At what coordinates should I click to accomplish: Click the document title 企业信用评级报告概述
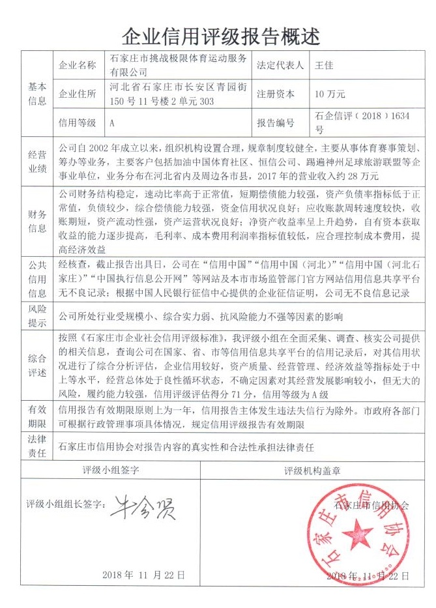pyautogui.click(x=218, y=35)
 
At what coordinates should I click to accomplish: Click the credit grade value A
pyautogui.click(x=113, y=123)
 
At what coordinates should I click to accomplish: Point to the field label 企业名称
pyautogui.click(x=78, y=65)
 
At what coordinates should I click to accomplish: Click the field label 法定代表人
pyautogui.click(x=280, y=65)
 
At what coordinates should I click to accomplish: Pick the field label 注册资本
pyautogui.click(x=276, y=94)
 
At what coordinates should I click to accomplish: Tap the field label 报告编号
pyautogui.click(x=276, y=123)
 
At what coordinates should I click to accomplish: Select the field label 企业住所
pyautogui.click(x=78, y=94)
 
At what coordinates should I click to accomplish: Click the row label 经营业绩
pyautogui.click(x=36, y=162)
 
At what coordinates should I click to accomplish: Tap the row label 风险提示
pyautogui.click(x=36, y=315)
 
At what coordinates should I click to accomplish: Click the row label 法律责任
pyautogui.click(x=36, y=446)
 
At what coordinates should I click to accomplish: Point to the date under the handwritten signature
pyautogui.click(x=145, y=575)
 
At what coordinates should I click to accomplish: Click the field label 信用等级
pyautogui.click(x=78, y=123)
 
